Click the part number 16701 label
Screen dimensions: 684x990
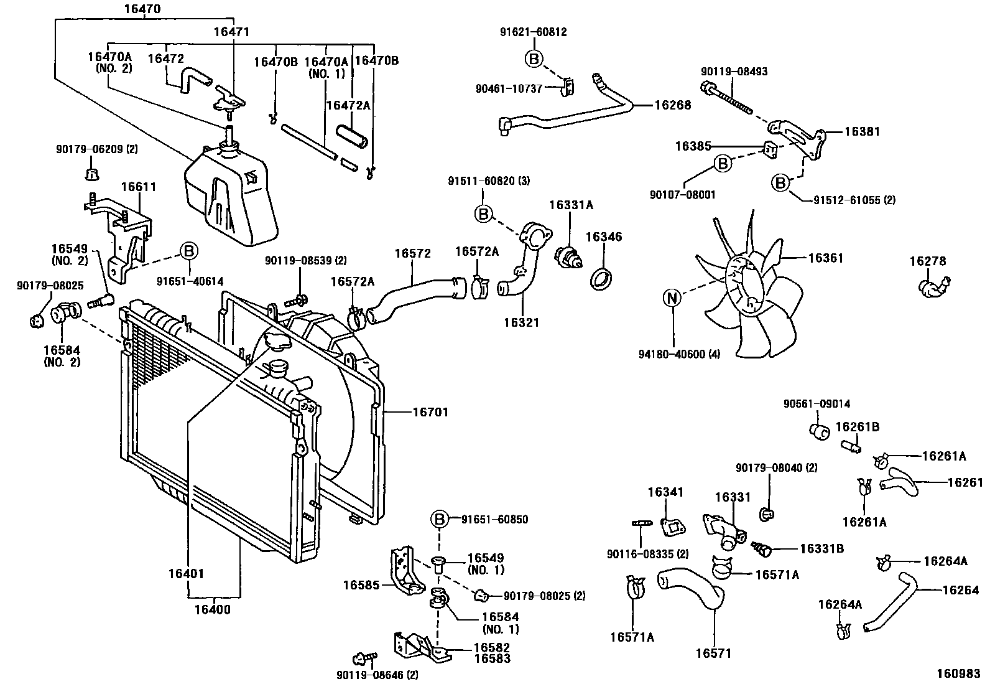coord(430,412)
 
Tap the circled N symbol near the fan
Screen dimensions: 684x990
coord(672,298)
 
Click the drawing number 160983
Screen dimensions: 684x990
coord(959,674)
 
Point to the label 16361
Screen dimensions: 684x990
coord(826,258)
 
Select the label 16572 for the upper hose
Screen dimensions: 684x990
coord(412,253)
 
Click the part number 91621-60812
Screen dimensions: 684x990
coord(534,32)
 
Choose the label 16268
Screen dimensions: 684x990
coord(672,105)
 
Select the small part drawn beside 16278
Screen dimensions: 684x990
coord(932,286)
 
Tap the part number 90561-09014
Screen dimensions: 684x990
coord(817,404)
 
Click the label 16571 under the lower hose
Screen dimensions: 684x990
coord(713,653)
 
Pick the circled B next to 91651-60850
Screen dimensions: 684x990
coord(439,519)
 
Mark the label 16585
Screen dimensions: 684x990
coord(361,585)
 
